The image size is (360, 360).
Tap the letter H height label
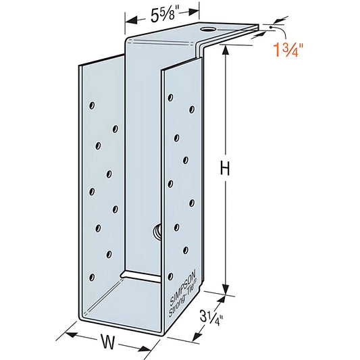coord(226,168)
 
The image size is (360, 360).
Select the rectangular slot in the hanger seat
coord(143,277)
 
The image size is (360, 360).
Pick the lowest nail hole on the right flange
coord(170,276)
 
